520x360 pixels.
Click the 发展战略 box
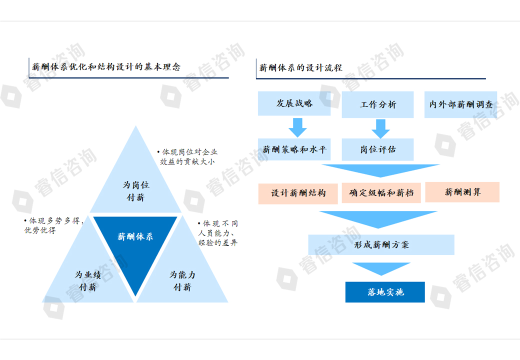click(294, 103)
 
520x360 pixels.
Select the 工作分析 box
click(377, 104)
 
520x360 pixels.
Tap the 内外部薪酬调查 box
click(460, 104)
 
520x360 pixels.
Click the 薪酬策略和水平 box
click(294, 149)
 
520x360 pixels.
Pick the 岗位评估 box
click(377, 149)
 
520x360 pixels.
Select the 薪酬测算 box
click(462, 192)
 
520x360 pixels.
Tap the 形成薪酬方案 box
click(381, 245)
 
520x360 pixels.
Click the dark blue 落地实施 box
click(385, 292)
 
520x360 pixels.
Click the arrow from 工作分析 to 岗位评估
click(380, 128)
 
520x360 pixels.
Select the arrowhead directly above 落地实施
click(381, 269)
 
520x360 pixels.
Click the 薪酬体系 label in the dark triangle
click(135, 236)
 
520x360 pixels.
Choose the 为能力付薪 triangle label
click(182, 281)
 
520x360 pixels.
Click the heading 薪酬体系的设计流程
click(300, 67)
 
